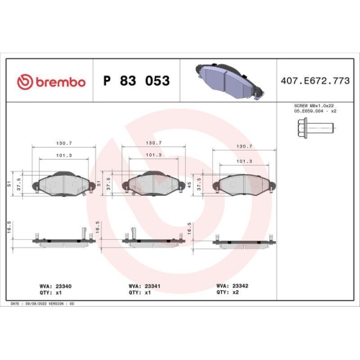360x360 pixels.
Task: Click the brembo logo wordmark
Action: (51, 81)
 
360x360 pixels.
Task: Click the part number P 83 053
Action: (137, 81)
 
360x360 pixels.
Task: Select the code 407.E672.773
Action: (315, 81)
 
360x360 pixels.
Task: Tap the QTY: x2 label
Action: (230, 293)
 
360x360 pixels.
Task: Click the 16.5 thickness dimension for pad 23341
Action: (99, 228)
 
